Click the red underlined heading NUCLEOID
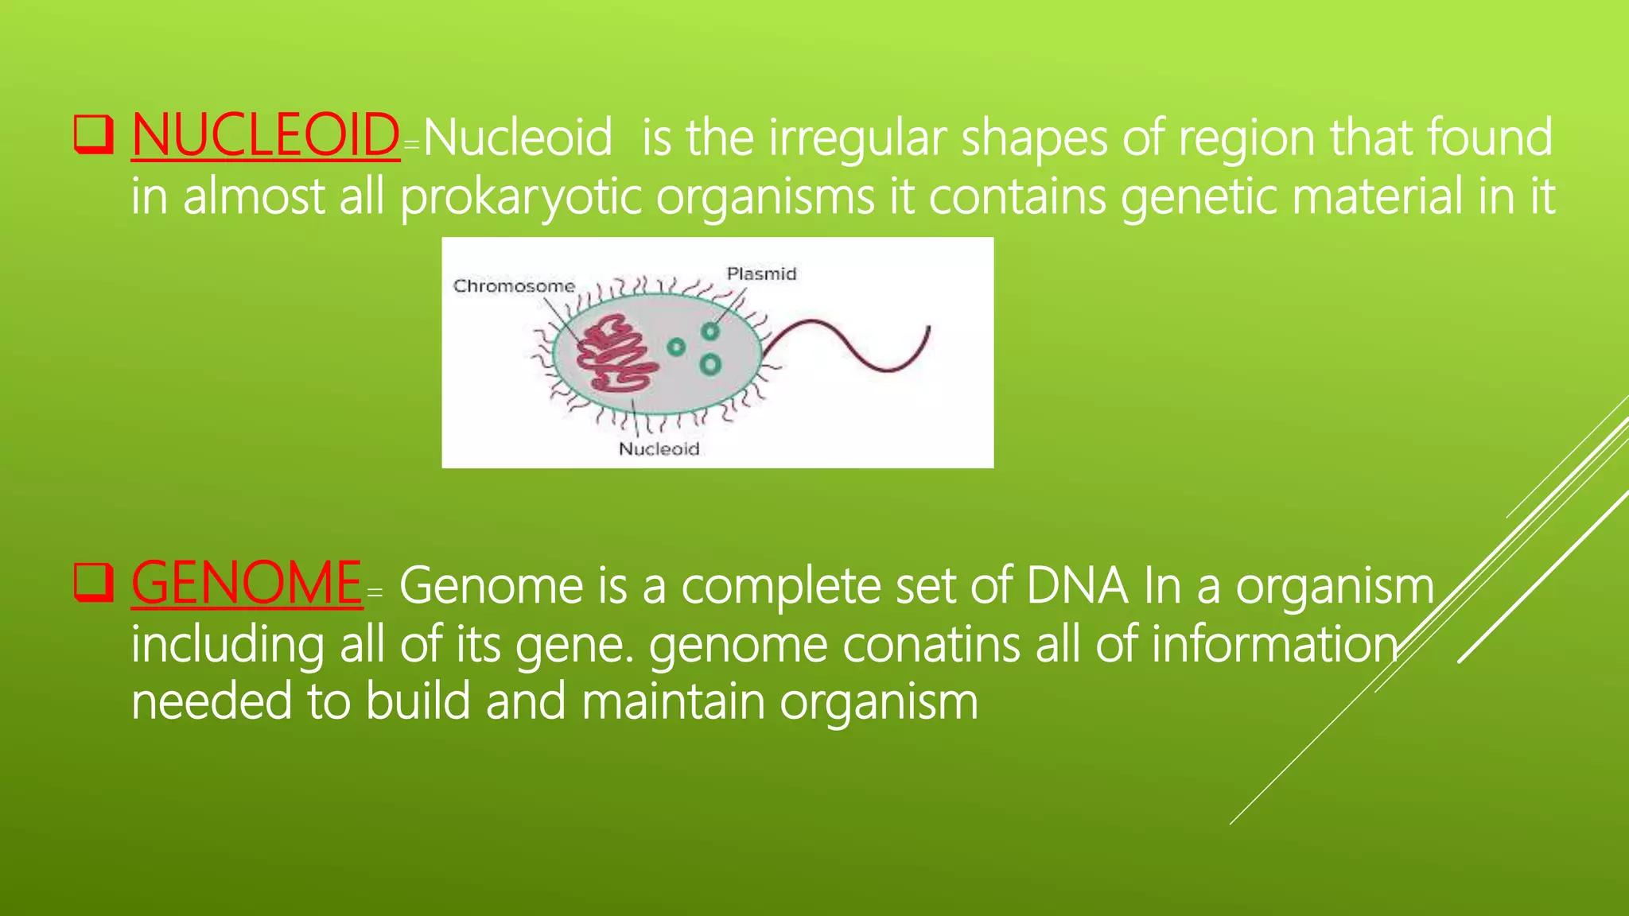tap(265, 136)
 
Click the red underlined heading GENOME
tap(247, 584)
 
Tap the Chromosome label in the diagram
tap(513, 286)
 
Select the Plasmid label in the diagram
tap(761, 274)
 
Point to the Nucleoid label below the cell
tap(659, 449)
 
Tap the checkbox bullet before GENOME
tap(93, 583)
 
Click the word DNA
tap(1076, 587)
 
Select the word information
tap(1273, 644)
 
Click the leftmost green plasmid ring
tap(676, 347)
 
